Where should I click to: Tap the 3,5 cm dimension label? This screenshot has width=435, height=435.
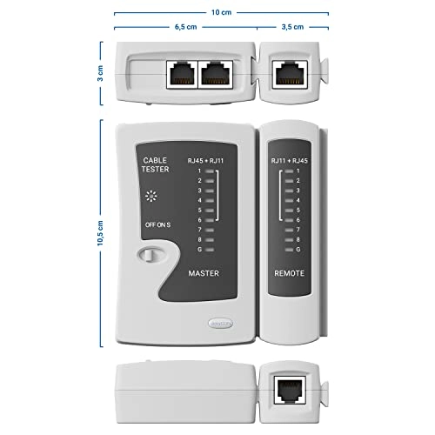(291, 27)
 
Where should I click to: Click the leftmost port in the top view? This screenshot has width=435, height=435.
(179, 73)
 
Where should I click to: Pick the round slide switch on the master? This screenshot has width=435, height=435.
(150, 256)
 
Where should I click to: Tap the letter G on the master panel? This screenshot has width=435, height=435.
(199, 249)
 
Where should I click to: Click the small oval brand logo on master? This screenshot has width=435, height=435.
(220, 322)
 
